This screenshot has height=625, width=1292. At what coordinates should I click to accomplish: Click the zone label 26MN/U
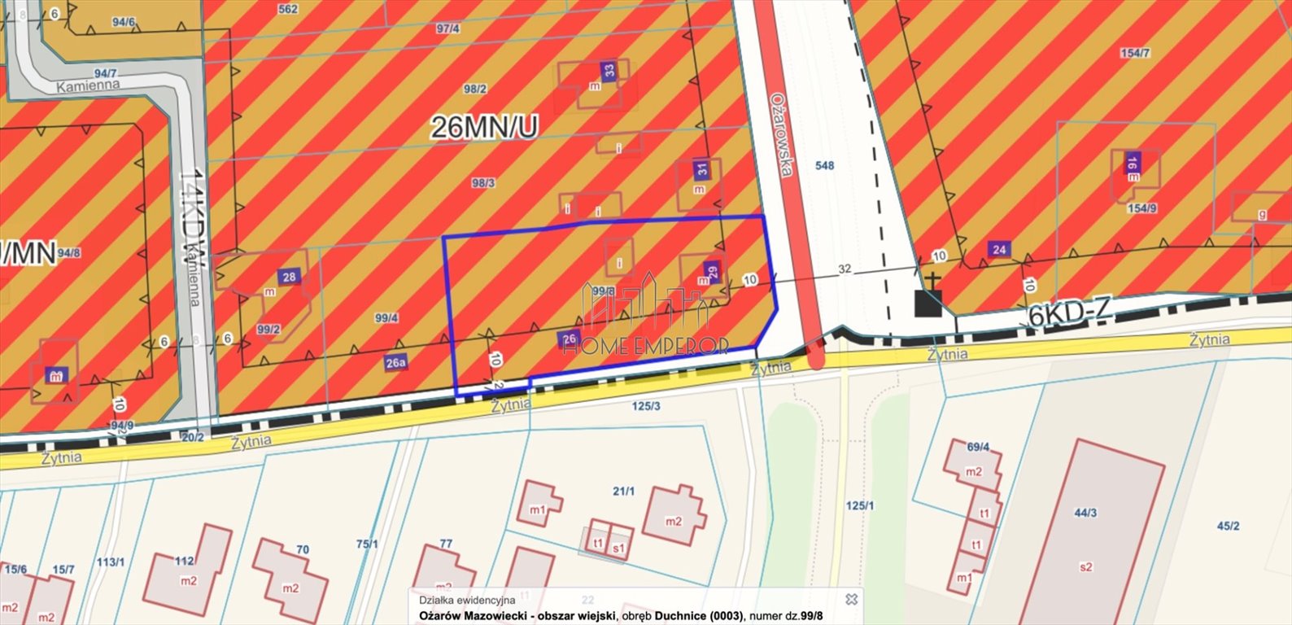(x=484, y=127)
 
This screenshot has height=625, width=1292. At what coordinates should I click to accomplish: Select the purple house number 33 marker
(x=609, y=71)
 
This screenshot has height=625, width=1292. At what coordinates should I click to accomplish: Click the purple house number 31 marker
(x=701, y=170)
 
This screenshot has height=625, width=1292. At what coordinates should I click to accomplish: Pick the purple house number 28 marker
(x=289, y=277)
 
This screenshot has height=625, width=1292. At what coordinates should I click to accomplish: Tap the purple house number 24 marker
(x=999, y=249)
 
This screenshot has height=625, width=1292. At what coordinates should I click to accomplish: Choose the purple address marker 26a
(x=395, y=363)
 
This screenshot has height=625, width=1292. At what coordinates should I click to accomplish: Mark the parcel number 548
(x=824, y=165)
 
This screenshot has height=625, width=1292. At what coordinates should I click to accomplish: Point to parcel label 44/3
(x=1085, y=513)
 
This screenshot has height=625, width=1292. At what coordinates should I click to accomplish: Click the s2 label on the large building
(x=1086, y=567)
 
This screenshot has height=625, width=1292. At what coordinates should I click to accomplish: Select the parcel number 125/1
(x=860, y=505)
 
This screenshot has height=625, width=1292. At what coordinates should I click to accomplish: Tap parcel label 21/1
(x=623, y=490)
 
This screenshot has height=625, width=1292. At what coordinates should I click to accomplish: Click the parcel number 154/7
(x=1135, y=53)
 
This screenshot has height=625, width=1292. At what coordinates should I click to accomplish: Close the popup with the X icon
(x=851, y=599)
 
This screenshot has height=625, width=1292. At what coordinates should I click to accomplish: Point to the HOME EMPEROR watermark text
(x=647, y=346)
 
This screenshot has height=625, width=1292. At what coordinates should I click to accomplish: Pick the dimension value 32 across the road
(x=844, y=269)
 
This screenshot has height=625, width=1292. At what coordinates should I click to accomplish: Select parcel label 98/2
(x=475, y=89)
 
